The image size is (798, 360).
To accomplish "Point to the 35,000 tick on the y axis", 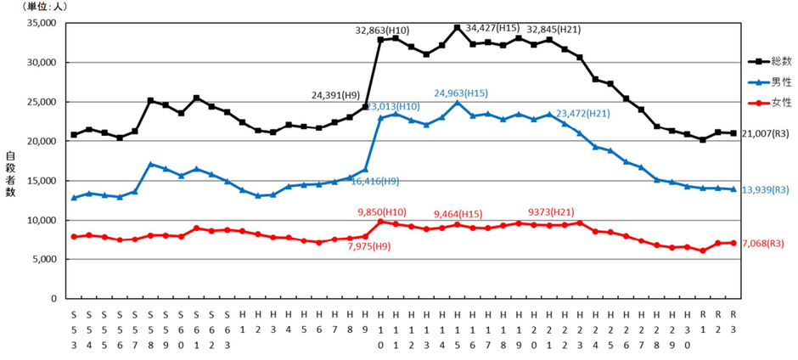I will tap(42, 24).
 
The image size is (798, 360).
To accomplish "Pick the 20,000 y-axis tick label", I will tap(42, 142).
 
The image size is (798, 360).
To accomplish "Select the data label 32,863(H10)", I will tap(382, 31).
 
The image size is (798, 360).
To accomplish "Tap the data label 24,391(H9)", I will tap(337, 95).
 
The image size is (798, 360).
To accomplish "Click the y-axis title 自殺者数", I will tap(11, 174).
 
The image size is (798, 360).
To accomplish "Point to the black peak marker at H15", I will tap(458, 28).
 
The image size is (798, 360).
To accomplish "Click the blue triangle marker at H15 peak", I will tap(458, 103).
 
